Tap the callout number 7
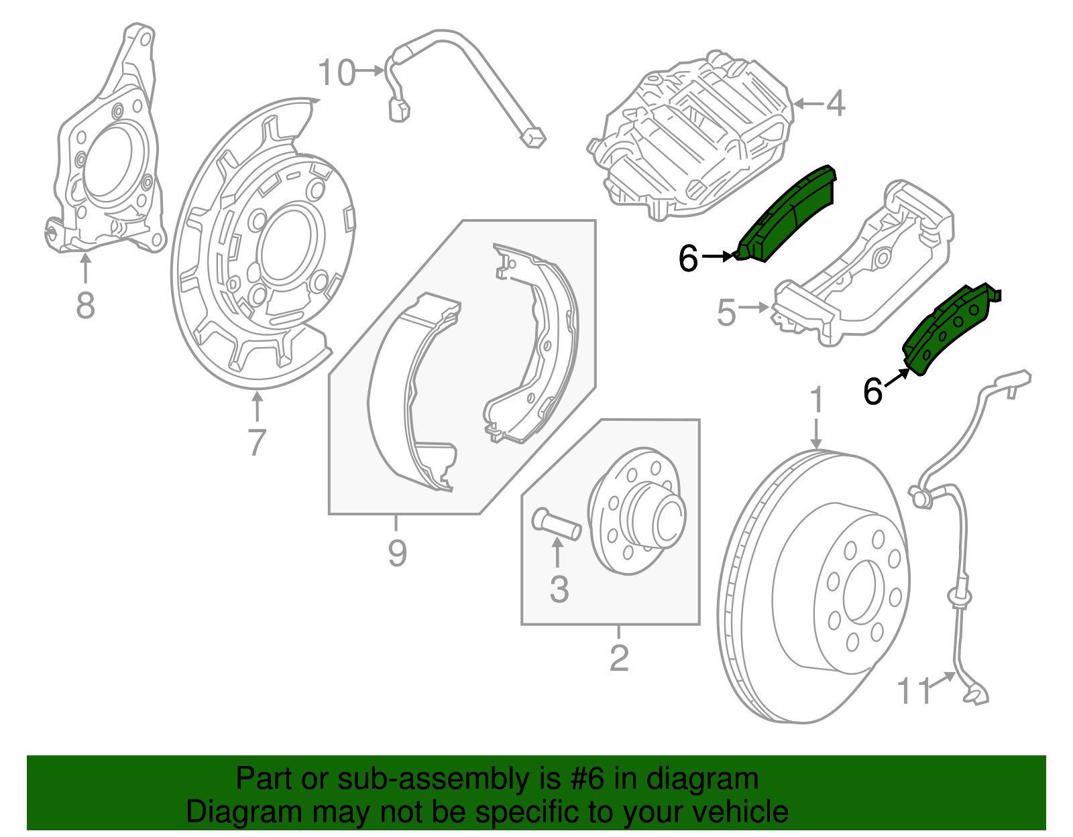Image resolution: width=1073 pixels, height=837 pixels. [257, 442]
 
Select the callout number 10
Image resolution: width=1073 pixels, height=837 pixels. [336, 73]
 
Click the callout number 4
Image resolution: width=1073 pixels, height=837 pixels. [836, 104]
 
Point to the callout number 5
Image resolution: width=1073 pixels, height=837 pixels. [726, 313]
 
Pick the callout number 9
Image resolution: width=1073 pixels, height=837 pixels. [397, 554]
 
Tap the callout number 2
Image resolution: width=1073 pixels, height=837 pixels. [618, 658]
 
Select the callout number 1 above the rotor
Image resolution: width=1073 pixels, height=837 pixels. [816, 400]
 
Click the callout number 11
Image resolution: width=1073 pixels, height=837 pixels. [915, 691]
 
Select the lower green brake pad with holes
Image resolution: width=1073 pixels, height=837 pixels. [949, 328]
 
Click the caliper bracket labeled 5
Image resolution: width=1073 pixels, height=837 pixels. [865, 268]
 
